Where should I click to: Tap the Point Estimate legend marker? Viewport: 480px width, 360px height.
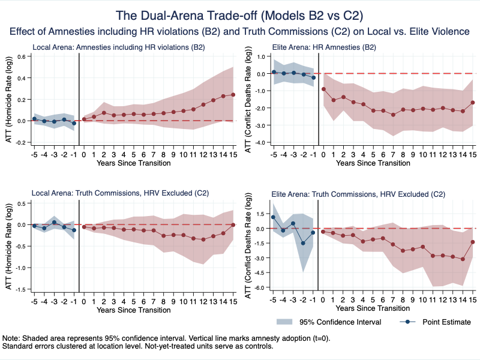[x=409, y=322]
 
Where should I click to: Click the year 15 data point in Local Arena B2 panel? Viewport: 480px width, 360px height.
[x=233, y=94]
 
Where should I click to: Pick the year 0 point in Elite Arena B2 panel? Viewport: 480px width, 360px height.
[x=323, y=89]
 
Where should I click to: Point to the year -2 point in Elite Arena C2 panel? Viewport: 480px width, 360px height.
[x=303, y=243]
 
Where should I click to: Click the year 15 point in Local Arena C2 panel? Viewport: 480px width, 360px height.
[x=233, y=224]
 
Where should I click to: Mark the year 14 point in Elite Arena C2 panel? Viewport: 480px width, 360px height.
[x=463, y=259]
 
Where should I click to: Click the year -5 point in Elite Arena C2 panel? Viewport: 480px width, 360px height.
[x=274, y=217]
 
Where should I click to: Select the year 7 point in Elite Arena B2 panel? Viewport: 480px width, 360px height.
[x=393, y=115]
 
